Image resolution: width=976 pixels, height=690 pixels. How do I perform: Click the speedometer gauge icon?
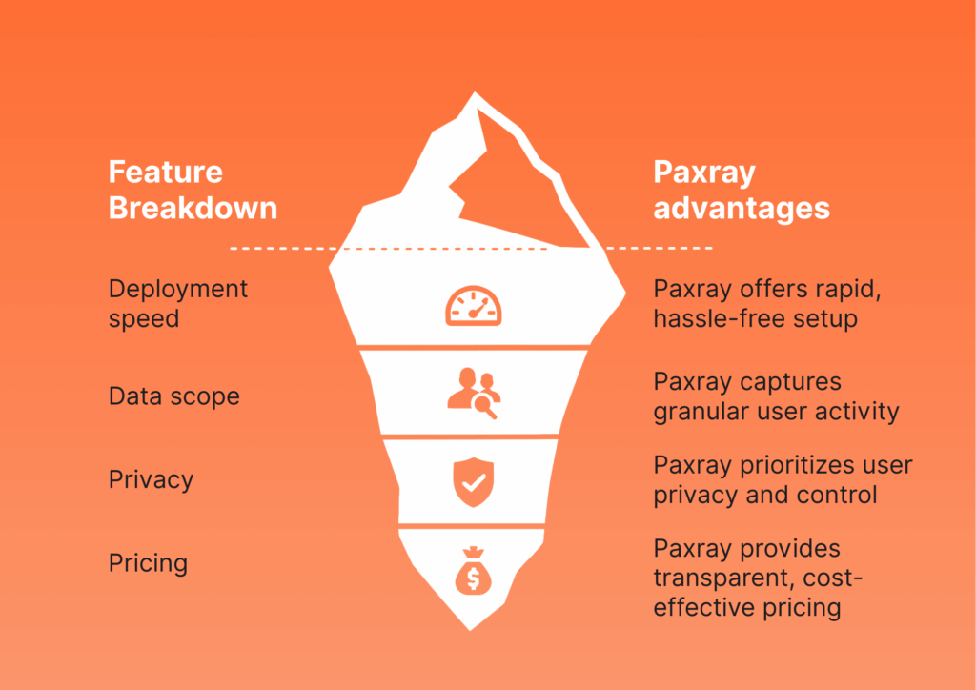click(x=474, y=306)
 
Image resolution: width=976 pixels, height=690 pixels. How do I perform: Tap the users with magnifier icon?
click(x=474, y=394)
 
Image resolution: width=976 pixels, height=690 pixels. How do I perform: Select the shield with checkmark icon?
click(x=474, y=481)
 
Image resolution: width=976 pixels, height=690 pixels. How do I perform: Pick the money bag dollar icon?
click(x=473, y=570)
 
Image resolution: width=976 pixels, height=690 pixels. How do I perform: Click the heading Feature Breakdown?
click(x=193, y=190)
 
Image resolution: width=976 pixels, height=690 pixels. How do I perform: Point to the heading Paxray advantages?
click(x=742, y=190)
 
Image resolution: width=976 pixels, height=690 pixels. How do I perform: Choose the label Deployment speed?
click(x=178, y=304)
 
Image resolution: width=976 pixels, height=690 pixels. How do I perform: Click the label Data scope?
click(x=174, y=396)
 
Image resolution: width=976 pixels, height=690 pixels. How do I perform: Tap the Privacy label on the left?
click(x=151, y=479)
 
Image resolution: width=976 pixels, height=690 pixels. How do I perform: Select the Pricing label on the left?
click(x=148, y=563)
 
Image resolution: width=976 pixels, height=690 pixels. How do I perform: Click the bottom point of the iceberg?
click(x=470, y=631)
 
